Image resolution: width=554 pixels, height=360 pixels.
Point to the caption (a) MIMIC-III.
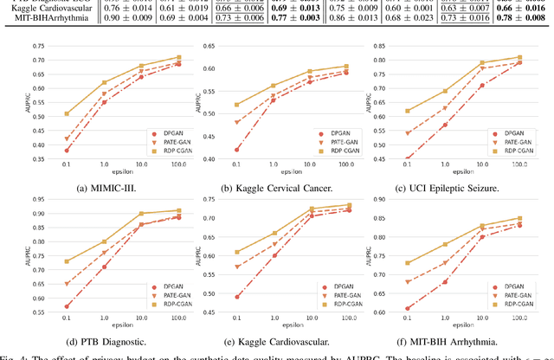(96, 184)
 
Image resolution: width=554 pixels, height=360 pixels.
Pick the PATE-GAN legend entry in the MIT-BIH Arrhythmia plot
(507, 294)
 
